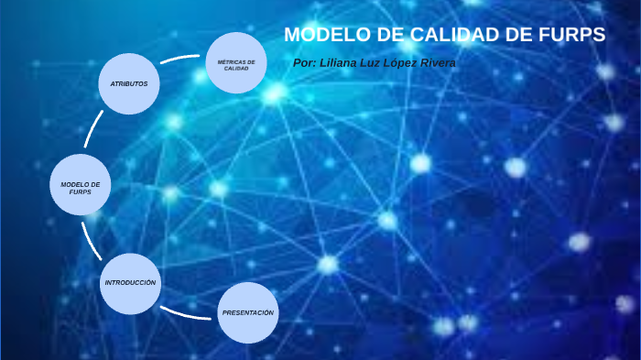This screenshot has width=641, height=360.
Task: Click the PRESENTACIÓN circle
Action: (248, 313)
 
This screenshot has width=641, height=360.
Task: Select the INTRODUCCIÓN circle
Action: (130, 283)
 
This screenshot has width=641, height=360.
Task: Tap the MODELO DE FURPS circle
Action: (81, 185)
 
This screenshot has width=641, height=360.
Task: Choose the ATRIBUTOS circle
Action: (129, 83)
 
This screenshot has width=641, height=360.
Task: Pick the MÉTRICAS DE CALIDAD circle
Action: (236, 63)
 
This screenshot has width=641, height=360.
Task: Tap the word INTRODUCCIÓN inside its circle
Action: (130, 283)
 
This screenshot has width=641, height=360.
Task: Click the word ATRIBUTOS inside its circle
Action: (129, 83)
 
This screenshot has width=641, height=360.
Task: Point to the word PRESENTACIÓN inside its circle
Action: (248, 313)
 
